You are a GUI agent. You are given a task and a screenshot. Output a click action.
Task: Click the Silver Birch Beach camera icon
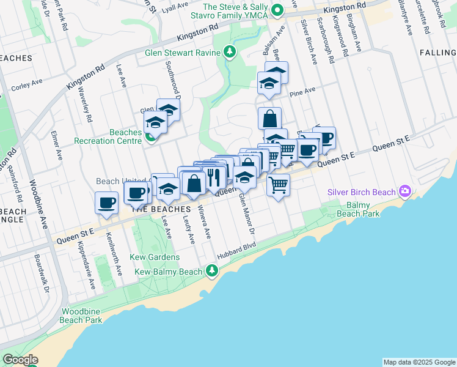coord(404,191)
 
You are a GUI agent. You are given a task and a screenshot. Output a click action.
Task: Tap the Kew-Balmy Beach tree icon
coord(211,270)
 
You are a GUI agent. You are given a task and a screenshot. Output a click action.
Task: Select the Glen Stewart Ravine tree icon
coord(230,52)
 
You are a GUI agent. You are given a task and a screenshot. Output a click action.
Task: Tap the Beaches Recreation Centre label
coord(107,136)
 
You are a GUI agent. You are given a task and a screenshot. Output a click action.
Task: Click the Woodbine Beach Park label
coord(81,316)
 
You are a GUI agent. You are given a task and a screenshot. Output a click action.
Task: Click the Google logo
coord(20,360)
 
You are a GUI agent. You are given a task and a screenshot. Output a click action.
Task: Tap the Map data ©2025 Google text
coord(419,362)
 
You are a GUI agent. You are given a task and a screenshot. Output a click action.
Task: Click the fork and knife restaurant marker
coord(213,177)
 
